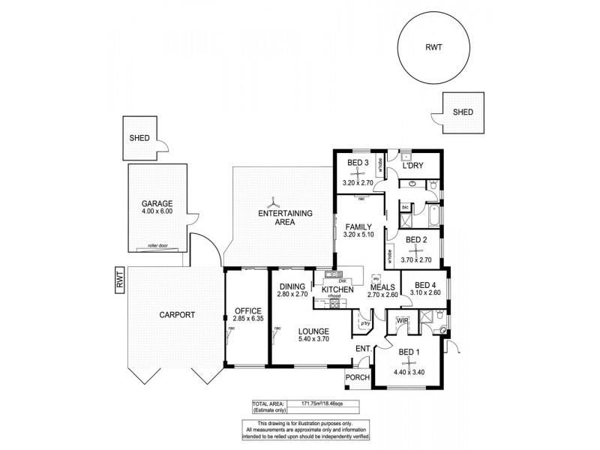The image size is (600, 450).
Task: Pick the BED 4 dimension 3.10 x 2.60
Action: click(x=425, y=294)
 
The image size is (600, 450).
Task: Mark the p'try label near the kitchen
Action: click(x=365, y=324)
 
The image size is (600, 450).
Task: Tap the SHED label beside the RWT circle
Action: click(x=463, y=112)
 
